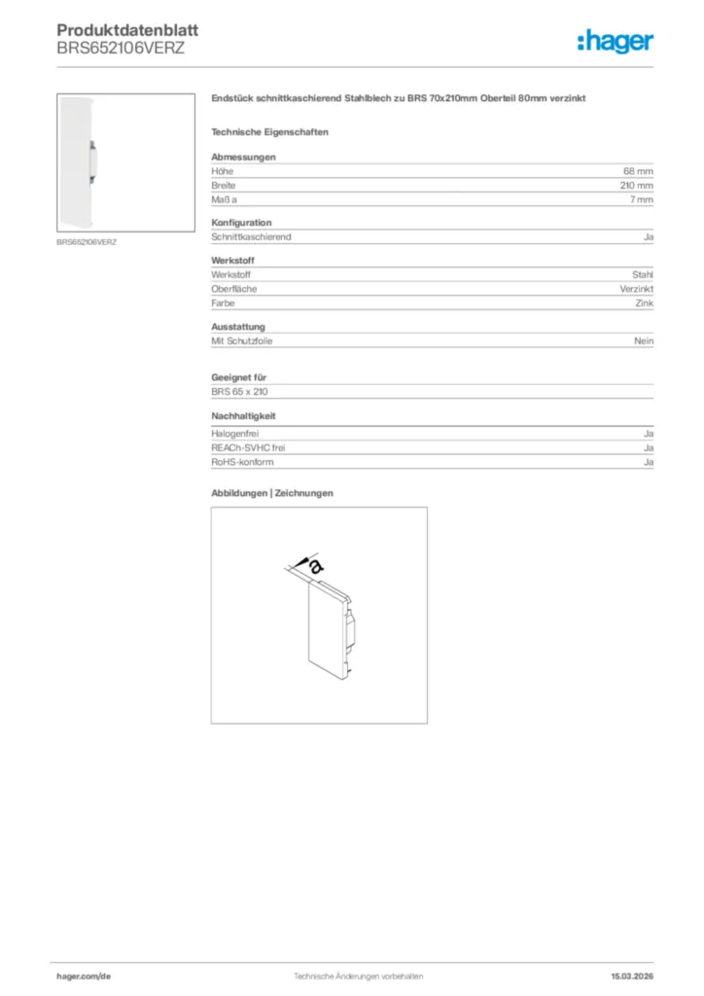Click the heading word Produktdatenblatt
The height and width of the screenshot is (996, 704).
pos(114,30)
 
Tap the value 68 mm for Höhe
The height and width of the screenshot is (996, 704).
pos(638,171)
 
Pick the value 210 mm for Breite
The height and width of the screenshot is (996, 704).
pos(636,185)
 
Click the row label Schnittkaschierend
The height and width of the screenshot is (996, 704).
pos(251,236)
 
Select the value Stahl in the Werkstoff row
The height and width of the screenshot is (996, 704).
pos(643,275)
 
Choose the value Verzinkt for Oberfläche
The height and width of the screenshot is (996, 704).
pos(637,289)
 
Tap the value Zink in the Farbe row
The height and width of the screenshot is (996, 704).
pos(645,302)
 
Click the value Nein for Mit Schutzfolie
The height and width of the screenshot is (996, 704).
pos(644,341)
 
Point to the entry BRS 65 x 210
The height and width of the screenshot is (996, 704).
pos(239,391)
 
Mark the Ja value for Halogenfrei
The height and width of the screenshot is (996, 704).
pos(649,433)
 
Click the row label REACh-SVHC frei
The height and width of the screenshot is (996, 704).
pos(248,447)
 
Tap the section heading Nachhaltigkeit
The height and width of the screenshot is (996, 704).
pos(243,415)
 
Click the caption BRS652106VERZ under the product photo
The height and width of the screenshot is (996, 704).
pos(87,241)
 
